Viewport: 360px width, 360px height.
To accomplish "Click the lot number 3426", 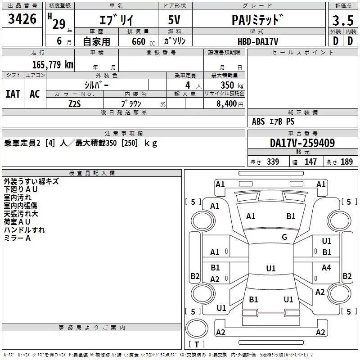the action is pyautogui.click(x=22, y=19).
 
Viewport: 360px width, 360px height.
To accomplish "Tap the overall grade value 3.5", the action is pyautogui.click(x=343, y=20).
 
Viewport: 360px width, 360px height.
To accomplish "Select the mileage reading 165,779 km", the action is pyautogui.click(x=53, y=65).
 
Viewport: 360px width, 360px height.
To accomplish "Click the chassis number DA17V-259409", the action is pyautogui.click(x=302, y=143).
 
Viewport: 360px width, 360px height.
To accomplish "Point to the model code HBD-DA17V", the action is pyautogui.click(x=258, y=41).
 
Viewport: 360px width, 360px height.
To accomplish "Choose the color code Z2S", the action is pyautogui.click(x=75, y=104).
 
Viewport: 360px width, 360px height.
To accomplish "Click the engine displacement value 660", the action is pyautogui.click(x=139, y=41).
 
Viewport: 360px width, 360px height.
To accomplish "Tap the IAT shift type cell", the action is pyautogui.click(x=13, y=94).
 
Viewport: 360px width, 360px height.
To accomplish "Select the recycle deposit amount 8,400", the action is pyautogui.click(x=227, y=103).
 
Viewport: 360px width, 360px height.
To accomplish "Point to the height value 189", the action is pyautogui.click(x=346, y=162).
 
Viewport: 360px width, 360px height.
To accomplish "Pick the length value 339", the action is pyautogui.click(x=273, y=162).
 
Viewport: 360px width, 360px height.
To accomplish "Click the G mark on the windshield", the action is pyautogui.click(x=284, y=237).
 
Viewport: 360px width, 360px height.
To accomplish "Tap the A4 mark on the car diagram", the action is pyautogui.click(x=326, y=267).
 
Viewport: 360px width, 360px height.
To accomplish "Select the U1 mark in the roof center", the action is pyautogui.click(x=271, y=268).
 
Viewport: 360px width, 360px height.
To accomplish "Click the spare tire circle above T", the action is pyautogui.click(x=197, y=328).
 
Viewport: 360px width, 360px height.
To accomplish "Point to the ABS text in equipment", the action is pyautogui.click(x=258, y=121).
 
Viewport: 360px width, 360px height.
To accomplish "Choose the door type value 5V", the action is pyautogui.click(x=174, y=20).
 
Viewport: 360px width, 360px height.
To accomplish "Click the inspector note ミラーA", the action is pyautogui.click(x=17, y=238).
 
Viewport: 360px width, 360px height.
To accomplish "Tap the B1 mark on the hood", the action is pyautogui.click(x=291, y=216).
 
